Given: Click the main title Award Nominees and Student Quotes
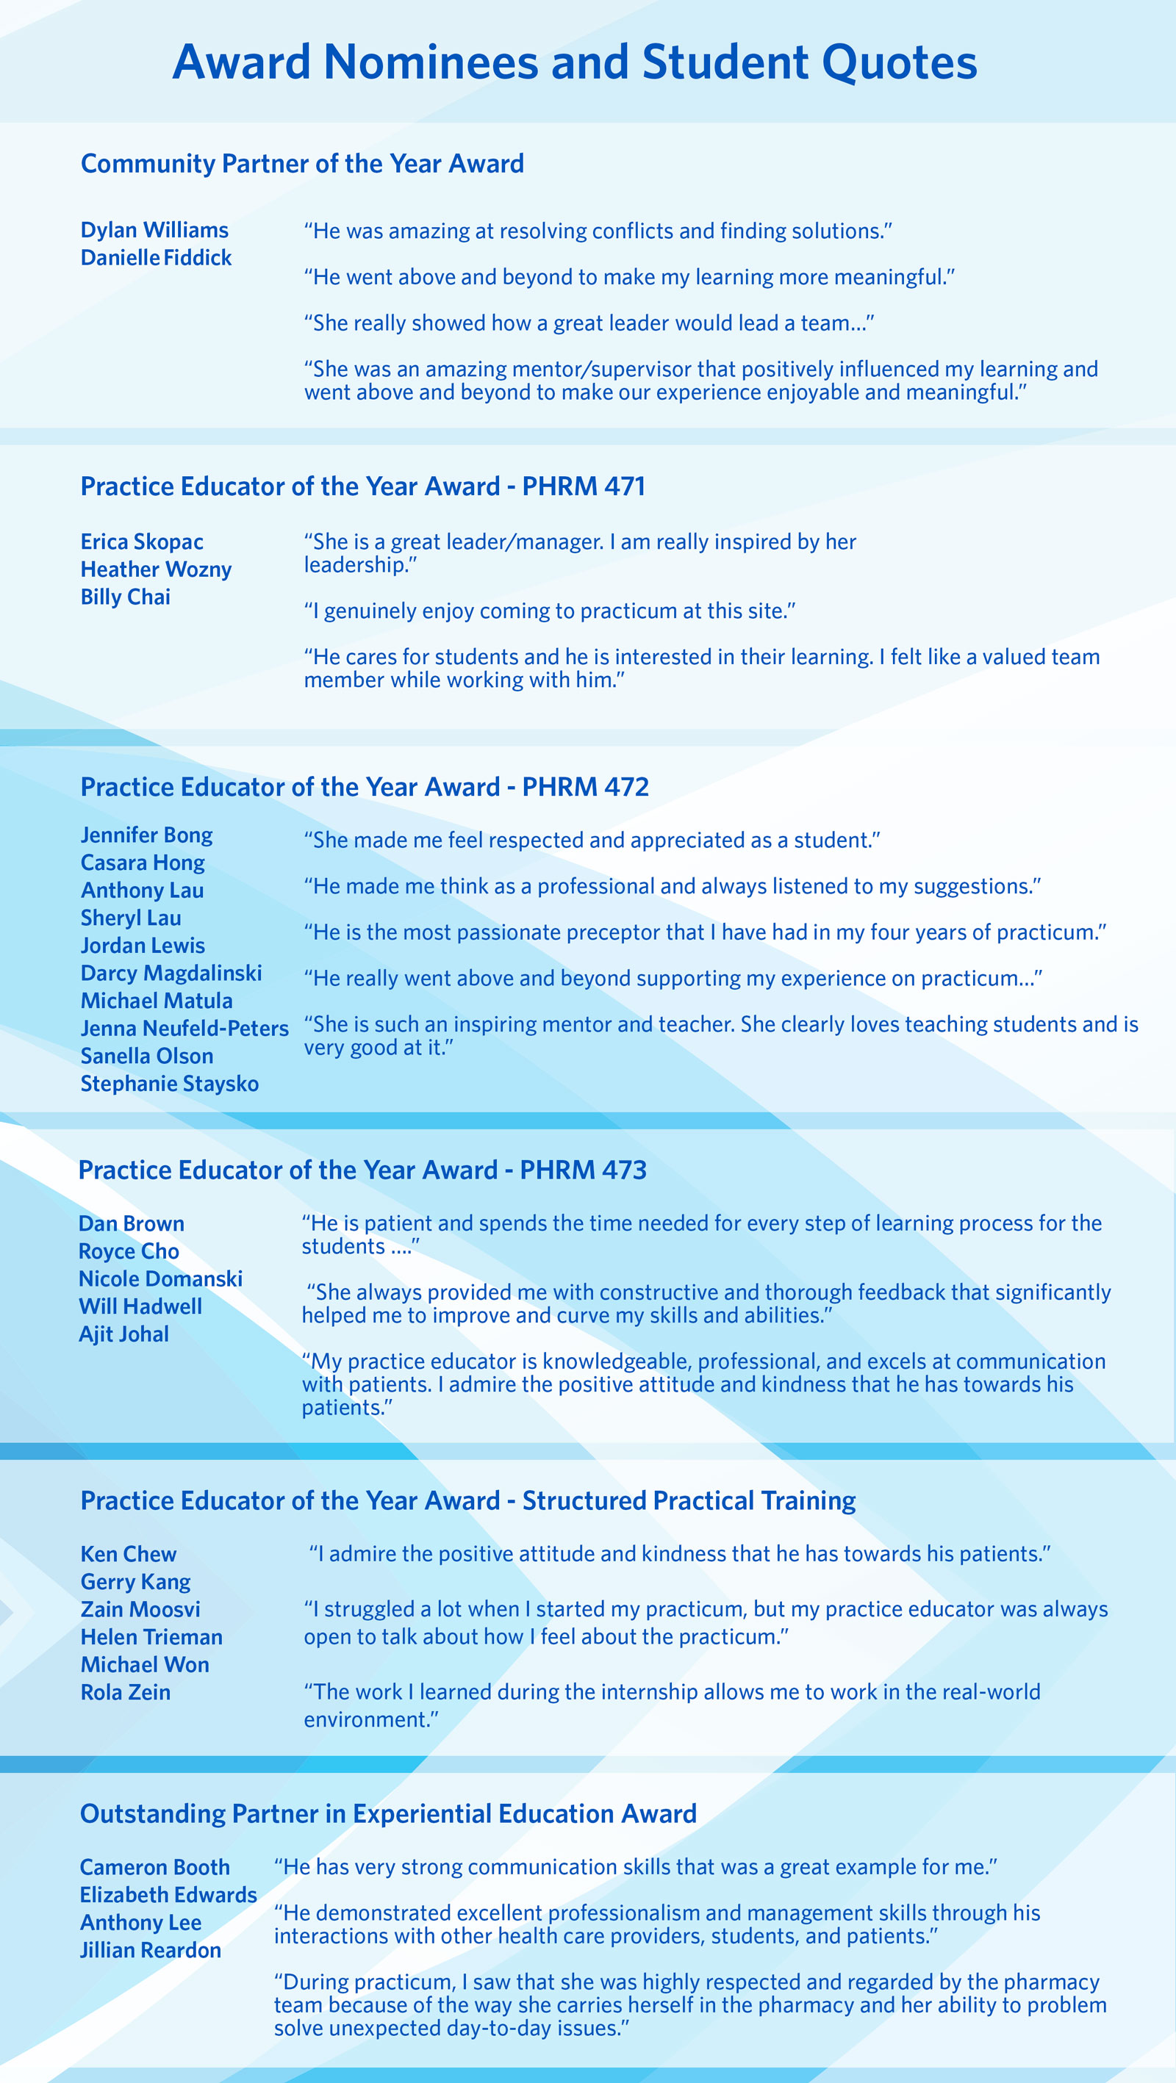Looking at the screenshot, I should [x=574, y=62].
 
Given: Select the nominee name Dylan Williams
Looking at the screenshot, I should [x=154, y=231].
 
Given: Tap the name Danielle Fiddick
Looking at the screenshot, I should [x=156, y=258].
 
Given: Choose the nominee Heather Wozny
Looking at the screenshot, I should [x=156, y=570].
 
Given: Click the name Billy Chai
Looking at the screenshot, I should [x=126, y=597].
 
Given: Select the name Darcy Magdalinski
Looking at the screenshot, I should [x=171, y=974].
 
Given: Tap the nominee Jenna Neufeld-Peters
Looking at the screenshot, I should [x=184, y=1029].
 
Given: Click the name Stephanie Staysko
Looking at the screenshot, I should [x=169, y=1084].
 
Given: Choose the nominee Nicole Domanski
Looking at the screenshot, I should [x=160, y=1279].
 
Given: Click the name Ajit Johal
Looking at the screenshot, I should [x=123, y=1334].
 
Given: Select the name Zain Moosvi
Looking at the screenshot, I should [x=140, y=1610].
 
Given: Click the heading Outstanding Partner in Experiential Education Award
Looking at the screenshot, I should [x=388, y=1815].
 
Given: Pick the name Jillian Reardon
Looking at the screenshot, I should [x=151, y=1951].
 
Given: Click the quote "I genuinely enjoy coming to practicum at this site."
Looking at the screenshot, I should [x=549, y=611].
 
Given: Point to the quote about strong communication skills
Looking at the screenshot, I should [x=635, y=1867].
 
